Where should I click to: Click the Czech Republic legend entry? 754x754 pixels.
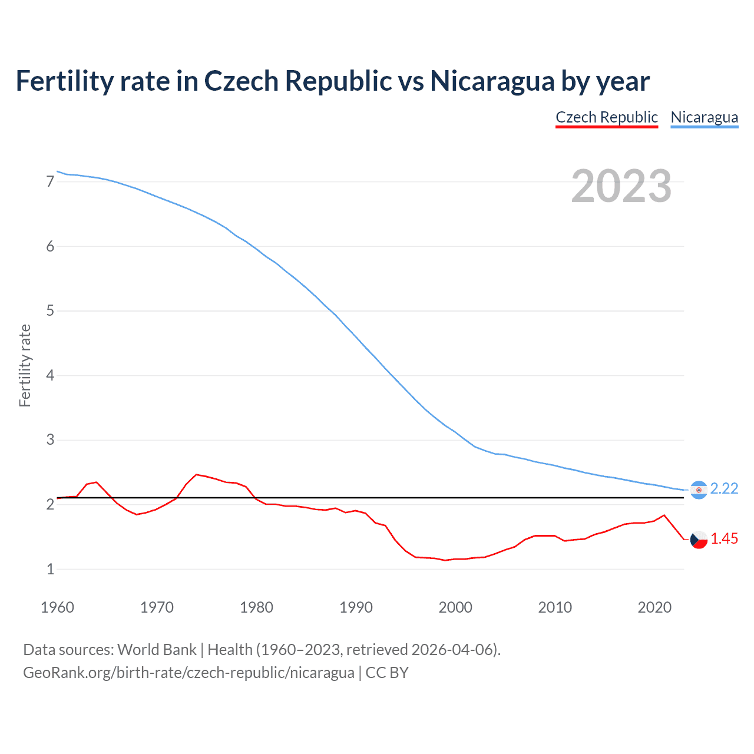(x=606, y=117)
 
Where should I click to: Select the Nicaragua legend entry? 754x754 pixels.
(x=704, y=117)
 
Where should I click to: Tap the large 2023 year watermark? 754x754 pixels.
(x=621, y=186)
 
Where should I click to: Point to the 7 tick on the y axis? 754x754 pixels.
(x=50, y=181)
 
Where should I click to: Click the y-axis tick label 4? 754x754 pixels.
(x=50, y=375)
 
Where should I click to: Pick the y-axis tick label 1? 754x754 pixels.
(x=50, y=569)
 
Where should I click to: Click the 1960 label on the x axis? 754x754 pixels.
(x=57, y=607)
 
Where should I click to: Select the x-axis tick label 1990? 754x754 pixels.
(x=356, y=607)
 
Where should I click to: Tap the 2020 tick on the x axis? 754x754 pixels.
(x=654, y=607)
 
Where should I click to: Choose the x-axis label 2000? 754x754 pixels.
(x=455, y=607)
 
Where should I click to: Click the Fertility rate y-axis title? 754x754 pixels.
(x=25, y=365)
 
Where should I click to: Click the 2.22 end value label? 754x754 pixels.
(x=724, y=488)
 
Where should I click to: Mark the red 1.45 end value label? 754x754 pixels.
(x=724, y=538)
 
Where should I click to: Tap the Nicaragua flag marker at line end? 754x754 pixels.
(x=699, y=490)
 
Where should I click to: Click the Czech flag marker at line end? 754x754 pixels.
(x=699, y=539)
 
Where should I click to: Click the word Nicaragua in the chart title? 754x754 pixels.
(x=492, y=81)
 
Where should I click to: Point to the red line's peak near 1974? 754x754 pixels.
(x=196, y=474)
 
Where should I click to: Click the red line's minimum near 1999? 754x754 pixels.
(x=445, y=560)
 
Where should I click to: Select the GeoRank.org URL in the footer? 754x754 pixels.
(x=188, y=673)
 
